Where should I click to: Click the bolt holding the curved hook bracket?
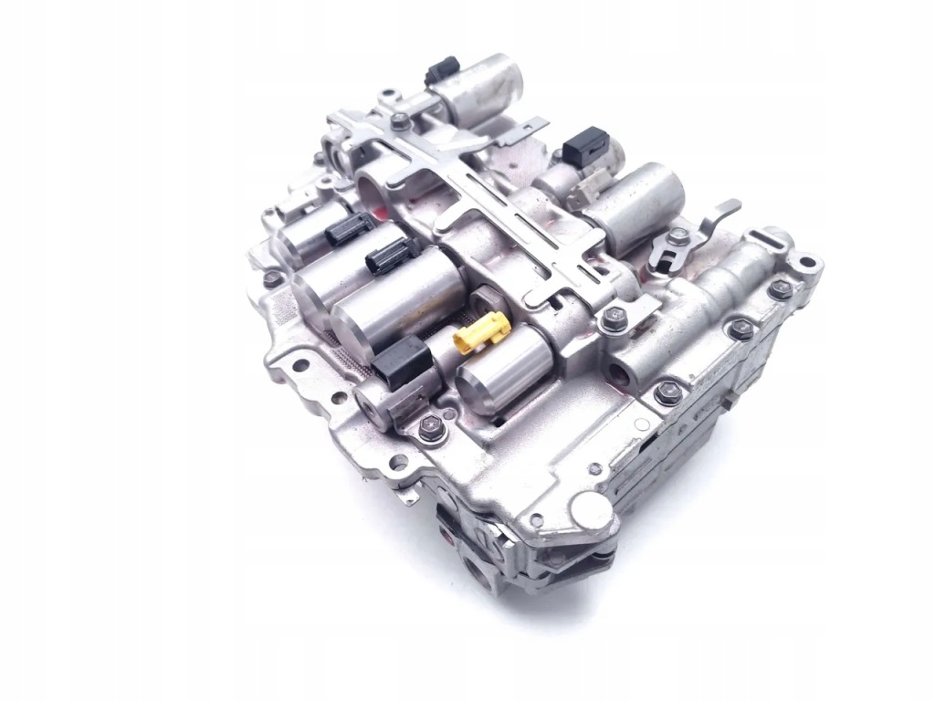(677, 236)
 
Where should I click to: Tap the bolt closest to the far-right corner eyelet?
(778, 288)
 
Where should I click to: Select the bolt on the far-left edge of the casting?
(270, 278)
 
